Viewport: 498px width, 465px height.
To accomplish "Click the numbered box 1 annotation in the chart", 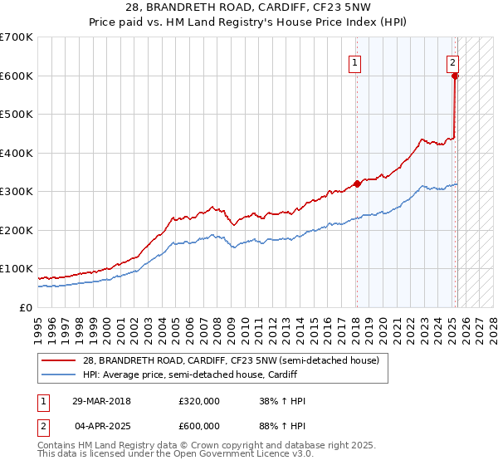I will click(x=354, y=61).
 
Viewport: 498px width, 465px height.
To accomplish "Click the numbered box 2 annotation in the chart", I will click(x=453, y=61).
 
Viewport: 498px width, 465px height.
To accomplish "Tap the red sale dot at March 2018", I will click(x=357, y=184).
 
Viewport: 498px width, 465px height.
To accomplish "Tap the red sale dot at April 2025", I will click(x=455, y=76).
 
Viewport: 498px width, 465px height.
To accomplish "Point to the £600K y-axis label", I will click(x=17, y=76).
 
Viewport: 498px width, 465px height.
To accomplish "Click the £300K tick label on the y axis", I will click(x=17, y=192).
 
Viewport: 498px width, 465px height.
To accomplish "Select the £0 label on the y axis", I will click(x=26, y=307).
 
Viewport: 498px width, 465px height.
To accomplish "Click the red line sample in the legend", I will click(x=58, y=360).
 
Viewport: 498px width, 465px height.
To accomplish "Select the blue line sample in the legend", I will click(x=58, y=374).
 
